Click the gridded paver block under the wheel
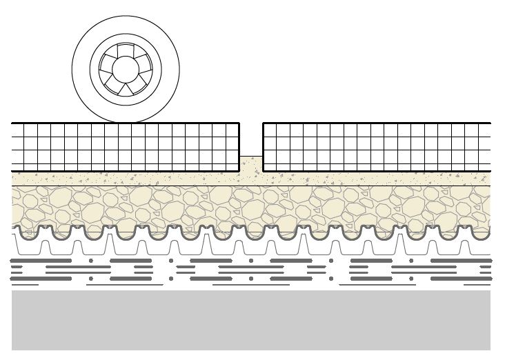125,146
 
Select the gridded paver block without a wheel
376,146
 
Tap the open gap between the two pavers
251,138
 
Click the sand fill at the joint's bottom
251,163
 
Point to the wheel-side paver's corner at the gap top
239,123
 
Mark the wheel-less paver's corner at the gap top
264,123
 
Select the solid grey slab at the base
251,320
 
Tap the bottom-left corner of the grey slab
12,350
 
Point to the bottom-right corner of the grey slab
490,350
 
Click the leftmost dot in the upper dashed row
90,261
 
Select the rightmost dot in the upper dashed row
411,261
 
